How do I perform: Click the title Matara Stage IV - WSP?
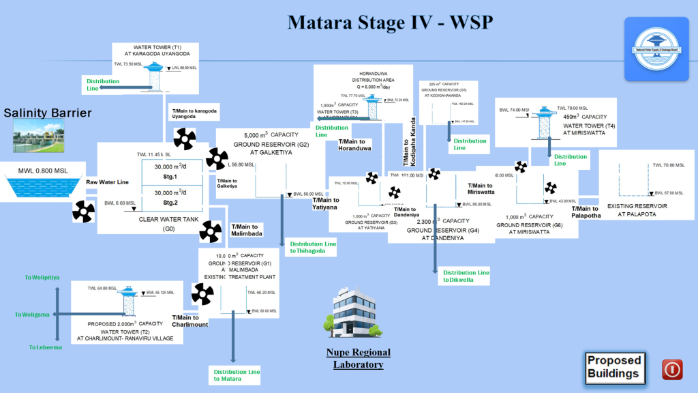pos(390,22)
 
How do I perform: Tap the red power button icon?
pos(672,369)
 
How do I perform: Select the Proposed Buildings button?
pos(614,367)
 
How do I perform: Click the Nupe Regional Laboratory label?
pos(358,358)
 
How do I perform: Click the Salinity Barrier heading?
pos(47,113)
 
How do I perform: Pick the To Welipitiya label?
pos(42,278)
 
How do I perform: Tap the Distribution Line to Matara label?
pos(237,375)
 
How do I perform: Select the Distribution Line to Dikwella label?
pos(466,276)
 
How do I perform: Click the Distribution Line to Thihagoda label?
pos(313,247)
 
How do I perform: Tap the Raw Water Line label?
pos(107,182)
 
